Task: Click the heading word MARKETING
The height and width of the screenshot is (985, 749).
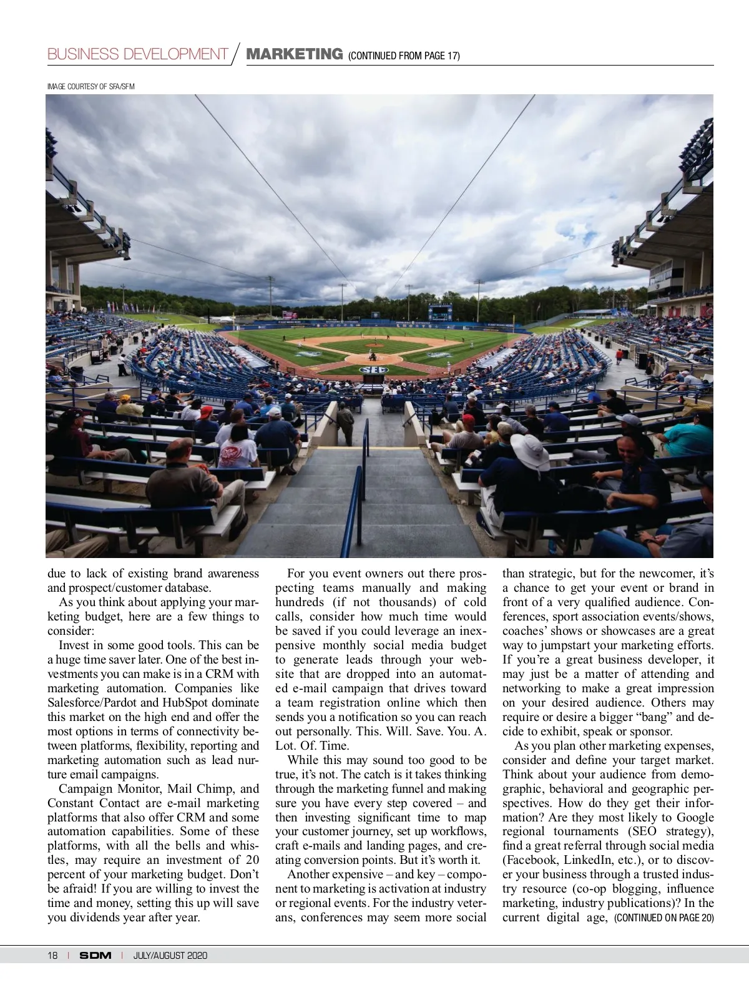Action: pos(295,54)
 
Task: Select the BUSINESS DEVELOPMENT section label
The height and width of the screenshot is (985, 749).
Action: pos(137,54)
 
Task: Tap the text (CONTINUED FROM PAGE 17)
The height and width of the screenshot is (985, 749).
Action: pos(404,56)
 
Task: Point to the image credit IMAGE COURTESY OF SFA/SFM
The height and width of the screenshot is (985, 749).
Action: pos(91,87)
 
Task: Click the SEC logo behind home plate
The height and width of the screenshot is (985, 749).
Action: pos(373,370)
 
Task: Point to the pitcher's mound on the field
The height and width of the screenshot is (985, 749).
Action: pos(373,345)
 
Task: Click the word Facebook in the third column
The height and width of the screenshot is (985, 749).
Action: pos(531,860)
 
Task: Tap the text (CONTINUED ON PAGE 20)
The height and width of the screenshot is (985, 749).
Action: pos(664,918)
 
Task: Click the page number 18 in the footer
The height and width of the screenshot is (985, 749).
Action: pos(53,956)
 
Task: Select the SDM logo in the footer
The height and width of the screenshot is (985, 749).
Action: pos(95,956)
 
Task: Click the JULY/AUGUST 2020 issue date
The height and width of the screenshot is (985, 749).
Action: pos(170,956)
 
